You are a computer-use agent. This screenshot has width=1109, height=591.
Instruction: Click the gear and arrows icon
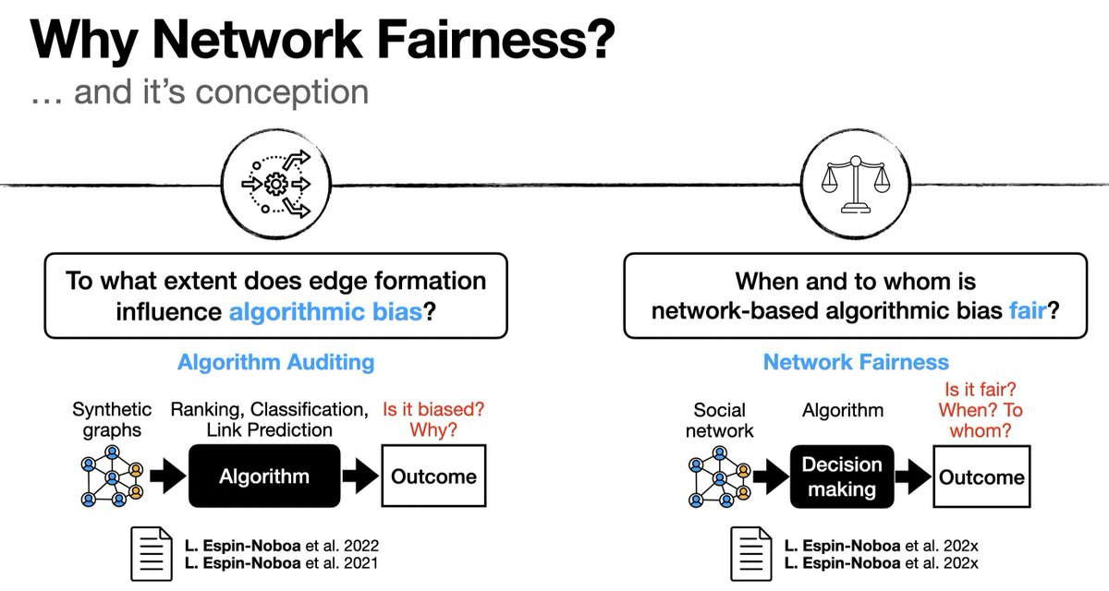coord(276,182)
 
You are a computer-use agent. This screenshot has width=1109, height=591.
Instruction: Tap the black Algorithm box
coord(263,476)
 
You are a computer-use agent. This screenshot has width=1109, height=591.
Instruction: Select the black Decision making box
coord(841,476)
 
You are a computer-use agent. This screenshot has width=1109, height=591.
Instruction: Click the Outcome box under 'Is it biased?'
coord(433,476)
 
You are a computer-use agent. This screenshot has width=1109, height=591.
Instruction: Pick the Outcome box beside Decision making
coord(981,476)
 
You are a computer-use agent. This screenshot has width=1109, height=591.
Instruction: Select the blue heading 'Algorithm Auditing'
coord(275,362)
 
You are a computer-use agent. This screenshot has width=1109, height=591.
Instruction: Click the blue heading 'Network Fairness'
coord(856,362)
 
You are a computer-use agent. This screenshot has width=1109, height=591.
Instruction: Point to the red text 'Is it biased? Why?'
coord(434,418)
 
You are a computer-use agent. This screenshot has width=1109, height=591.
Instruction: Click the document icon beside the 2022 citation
coord(152,553)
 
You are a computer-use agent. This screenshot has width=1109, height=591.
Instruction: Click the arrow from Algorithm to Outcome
coord(360,476)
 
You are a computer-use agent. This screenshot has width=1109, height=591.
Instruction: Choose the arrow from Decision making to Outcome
coord(912,476)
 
